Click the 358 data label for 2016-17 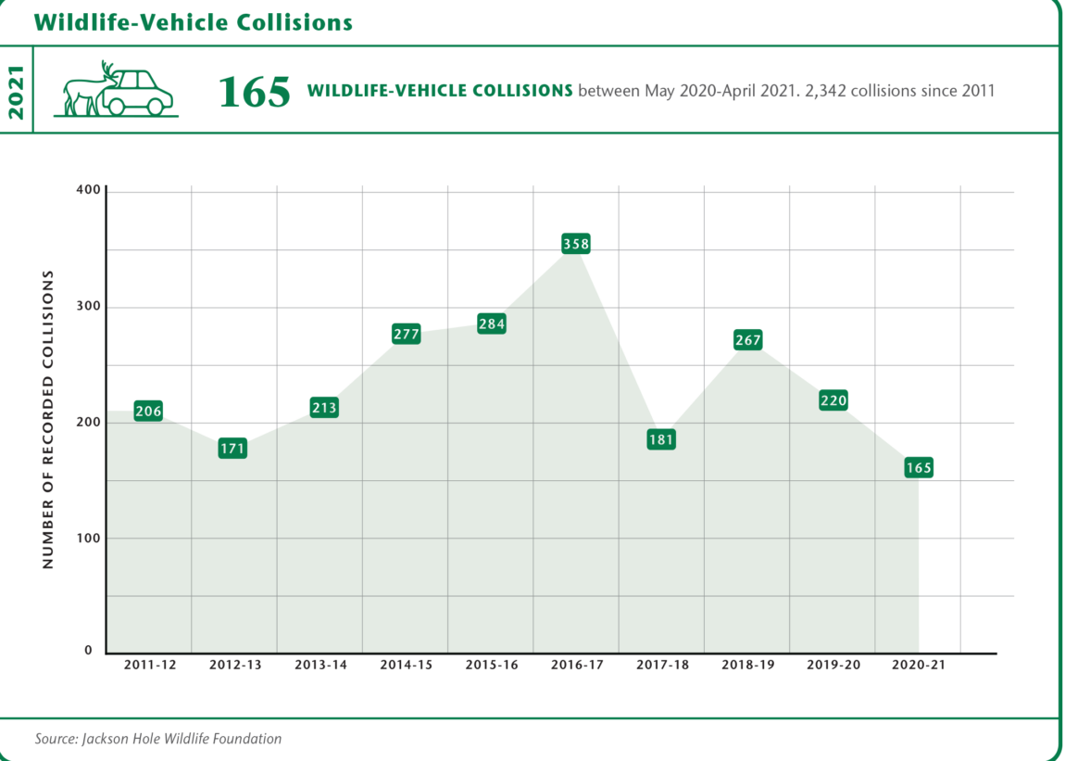575,245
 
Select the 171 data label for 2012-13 232,449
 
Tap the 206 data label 148,412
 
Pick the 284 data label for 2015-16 491,324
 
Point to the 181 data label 660,440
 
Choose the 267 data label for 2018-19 747,340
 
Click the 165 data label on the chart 918,468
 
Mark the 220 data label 833,401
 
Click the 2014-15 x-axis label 406,666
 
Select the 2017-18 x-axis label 662,666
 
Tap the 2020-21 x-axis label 918,666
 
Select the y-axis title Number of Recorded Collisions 48,420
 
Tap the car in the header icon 139,93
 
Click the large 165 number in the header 254,92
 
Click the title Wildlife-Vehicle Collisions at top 194,21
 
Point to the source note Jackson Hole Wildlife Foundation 158,739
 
